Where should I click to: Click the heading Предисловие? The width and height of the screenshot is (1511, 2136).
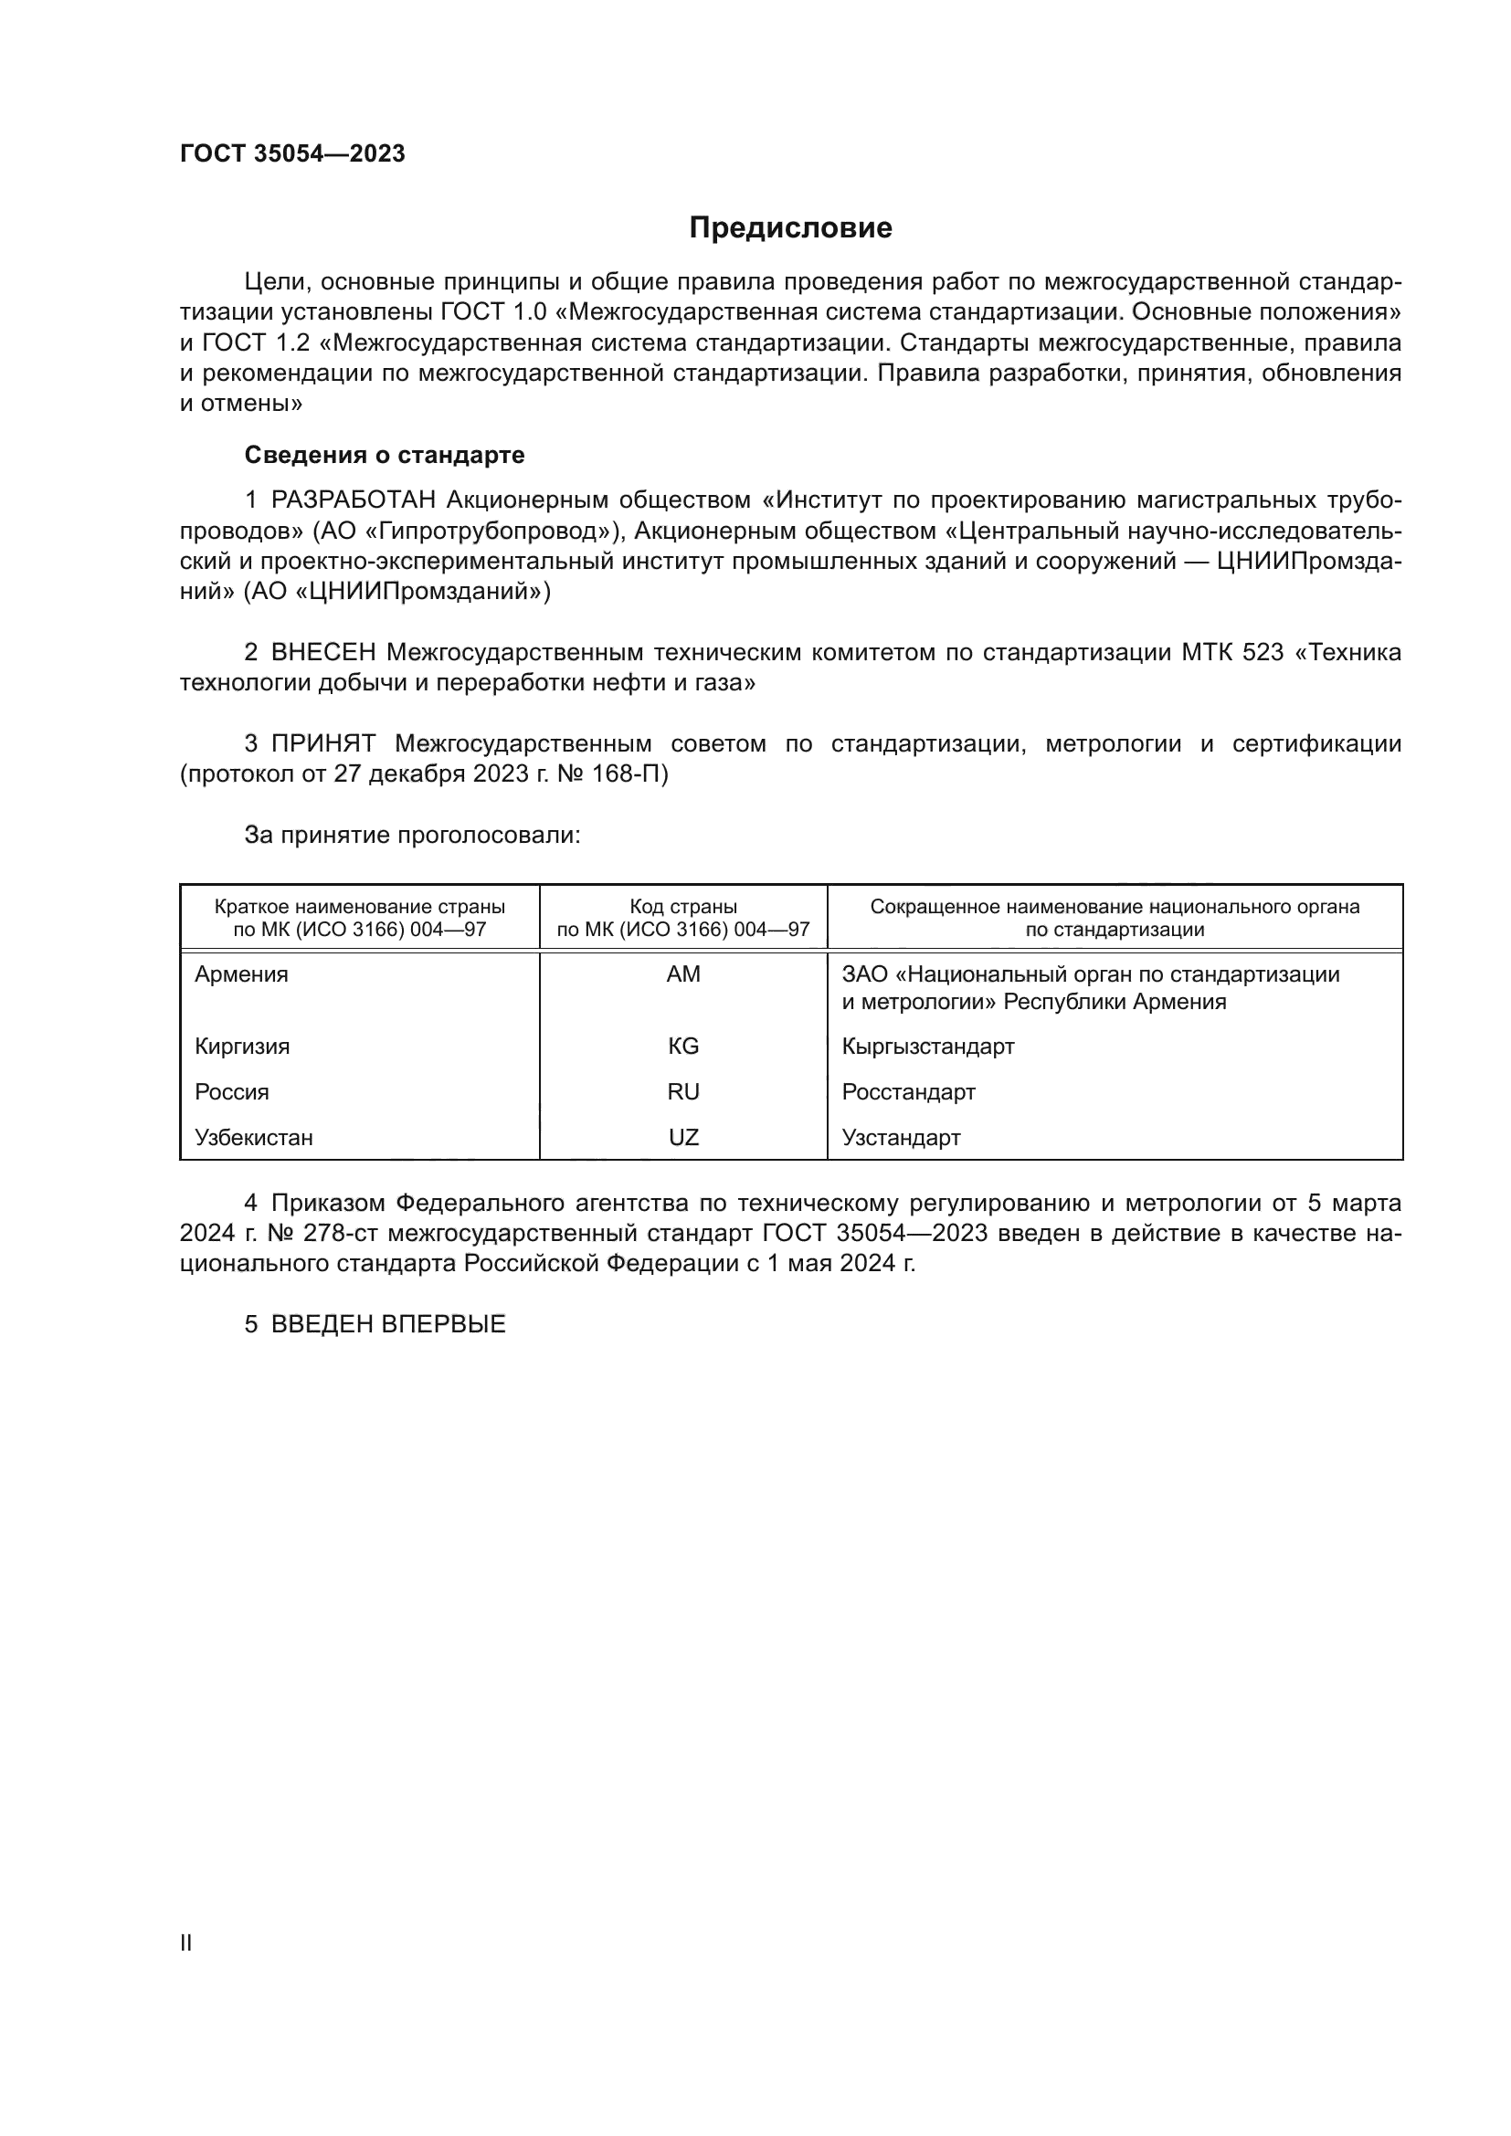coord(790,228)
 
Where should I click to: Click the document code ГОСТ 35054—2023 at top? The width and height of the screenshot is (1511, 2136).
coord(292,154)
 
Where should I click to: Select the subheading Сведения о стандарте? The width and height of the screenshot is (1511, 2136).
coord(385,455)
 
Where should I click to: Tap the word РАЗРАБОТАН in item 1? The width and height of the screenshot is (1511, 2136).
coord(354,500)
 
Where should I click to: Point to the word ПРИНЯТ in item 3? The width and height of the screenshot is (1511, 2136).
coord(322,743)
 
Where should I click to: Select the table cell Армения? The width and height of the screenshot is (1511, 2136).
coord(242,974)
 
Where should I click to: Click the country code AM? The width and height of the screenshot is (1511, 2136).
coord(683,974)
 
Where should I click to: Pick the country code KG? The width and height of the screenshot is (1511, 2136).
coord(683,1047)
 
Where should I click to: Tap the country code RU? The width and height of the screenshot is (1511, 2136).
coord(683,1092)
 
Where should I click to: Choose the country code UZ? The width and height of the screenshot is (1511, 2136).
coord(683,1138)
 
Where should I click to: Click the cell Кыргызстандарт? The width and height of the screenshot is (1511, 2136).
coord(927,1047)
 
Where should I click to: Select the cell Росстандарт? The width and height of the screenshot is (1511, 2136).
coord(908,1092)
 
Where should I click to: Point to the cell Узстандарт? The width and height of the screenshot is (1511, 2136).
coord(901,1138)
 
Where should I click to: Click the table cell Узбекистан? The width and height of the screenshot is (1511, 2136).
coord(254,1138)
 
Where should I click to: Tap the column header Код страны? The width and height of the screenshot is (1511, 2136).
coord(683,907)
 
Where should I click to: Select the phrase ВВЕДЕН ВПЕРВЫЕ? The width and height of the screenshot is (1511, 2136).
coord(388,1325)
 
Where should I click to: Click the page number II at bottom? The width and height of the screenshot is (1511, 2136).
coord(186,1943)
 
